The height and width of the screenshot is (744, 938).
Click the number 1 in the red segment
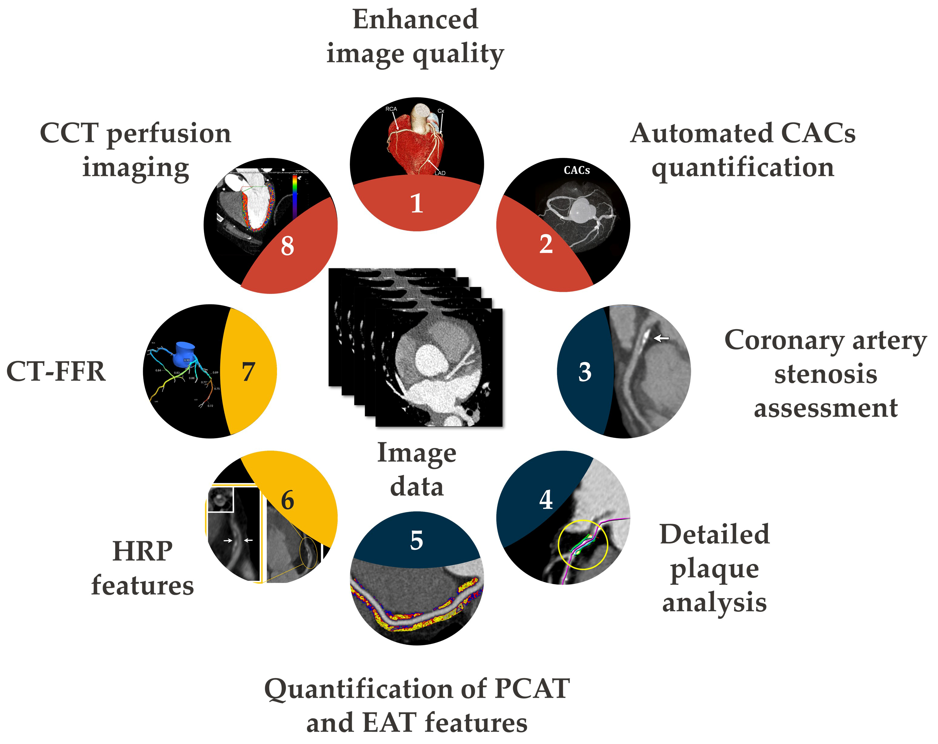coord(416,203)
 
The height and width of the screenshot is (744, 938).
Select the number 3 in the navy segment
coord(584,372)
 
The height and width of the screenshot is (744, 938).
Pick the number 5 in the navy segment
coord(416,540)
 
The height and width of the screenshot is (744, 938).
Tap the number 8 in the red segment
coord(287,246)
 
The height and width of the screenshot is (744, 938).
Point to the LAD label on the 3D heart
coord(440,173)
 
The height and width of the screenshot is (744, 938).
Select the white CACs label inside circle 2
coord(577,170)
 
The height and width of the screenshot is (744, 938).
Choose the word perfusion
coord(169,134)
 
